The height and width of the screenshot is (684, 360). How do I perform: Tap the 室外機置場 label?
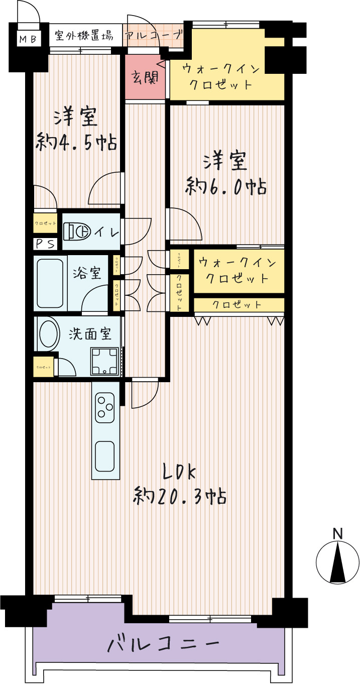pyautogui.click(x=84, y=36)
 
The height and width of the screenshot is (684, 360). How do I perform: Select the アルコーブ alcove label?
pyautogui.click(x=153, y=36)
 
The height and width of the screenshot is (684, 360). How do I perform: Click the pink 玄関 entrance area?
pyautogui.click(x=145, y=77)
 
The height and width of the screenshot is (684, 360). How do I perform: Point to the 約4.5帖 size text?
pyautogui.click(x=77, y=143)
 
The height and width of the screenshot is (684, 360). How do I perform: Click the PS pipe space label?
pyautogui.click(x=45, y=244)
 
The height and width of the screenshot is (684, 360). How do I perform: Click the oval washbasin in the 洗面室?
pyautogui.click(x=48, y=334)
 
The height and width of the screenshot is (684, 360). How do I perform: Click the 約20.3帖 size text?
pyautogui.click(x=179, y=497)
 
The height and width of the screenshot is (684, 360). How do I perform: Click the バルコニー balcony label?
pyautogui.click(x=164, y=644)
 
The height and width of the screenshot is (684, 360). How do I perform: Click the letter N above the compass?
pyautogui.click(x=338, y=533)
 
